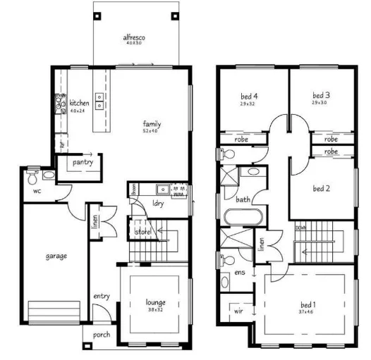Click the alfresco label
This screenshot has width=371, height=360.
[x=135, y=37]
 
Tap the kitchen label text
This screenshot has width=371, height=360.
[x=79, y=104]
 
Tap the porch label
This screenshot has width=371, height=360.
[x=102, y=335]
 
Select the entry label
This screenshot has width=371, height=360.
[x=101, y=296]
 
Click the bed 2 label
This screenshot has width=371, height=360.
[x=322, y=188]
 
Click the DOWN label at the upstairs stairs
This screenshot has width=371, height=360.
[x=301, y=228]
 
